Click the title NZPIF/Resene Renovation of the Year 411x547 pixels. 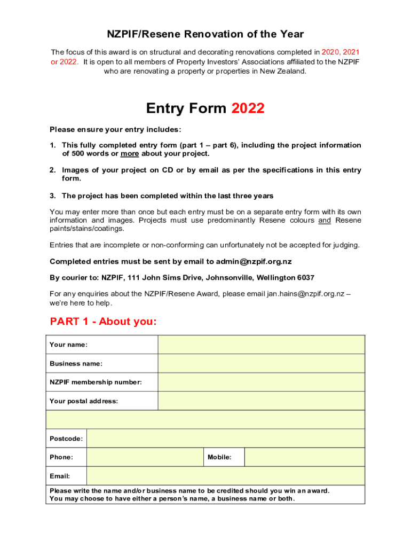click(205, 35)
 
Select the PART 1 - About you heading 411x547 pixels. click(103, 322)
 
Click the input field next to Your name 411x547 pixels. click(261, 345)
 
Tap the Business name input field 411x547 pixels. click(261, 363)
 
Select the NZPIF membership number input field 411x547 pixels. click(261, 382)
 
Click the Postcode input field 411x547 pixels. click(225, 439)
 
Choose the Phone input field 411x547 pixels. click(145, 457)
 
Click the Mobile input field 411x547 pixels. click(304, 457)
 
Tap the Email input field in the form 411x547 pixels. click(225, 476)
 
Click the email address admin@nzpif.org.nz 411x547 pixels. click(254, 262)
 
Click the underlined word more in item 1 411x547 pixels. click(130, 154)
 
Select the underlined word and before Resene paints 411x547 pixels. click(325, 220)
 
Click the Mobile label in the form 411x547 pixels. click(219, 457)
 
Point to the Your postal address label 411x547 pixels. click(84, 401)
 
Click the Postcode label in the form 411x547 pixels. click(66, 439)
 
